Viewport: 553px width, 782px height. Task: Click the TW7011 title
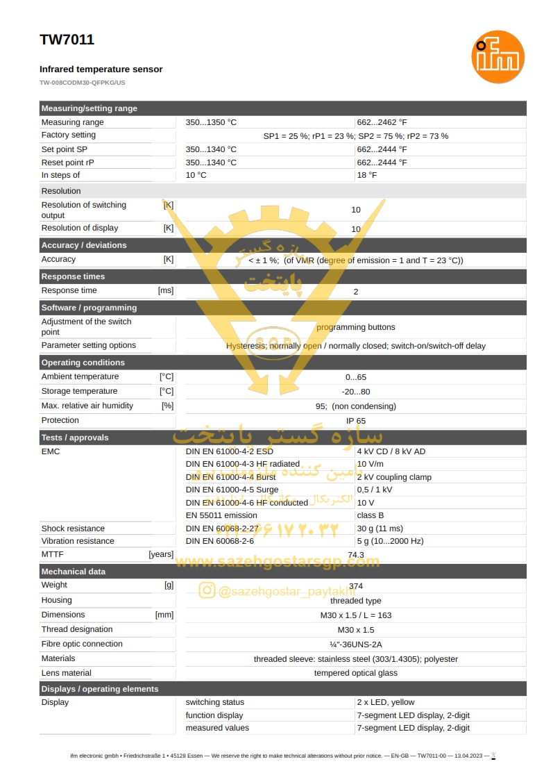pyautogui.click(x=67, y=40)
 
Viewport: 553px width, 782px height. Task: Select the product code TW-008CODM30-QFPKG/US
pyautogui.click(x=83, y=83)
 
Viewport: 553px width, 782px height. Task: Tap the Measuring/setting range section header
pyautogui.click(x=90, y=108)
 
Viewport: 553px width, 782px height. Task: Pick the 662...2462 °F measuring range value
pyautogui.click(x=382, y=122)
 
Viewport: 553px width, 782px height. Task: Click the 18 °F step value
pyautogui.click(x=367, y=175)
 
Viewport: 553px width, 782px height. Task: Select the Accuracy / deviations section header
pyautogui.click(x=84, y=245)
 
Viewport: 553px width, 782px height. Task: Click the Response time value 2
pyautogui.click(x=356, y=292)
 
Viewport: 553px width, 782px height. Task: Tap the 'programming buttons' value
pyautogui.click(x=355, y=327)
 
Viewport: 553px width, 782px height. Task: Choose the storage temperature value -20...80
pyautogui.click(x=356, y=392)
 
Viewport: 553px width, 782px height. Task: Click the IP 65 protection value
pyautogui.click(x=356, y=421)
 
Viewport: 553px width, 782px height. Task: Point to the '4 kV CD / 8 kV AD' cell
pyautogui.click(x=391, y=451)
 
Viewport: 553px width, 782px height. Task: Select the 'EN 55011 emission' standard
pyautogui.click(x=221, y=515)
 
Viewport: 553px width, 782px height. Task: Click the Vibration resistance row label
pyautogui.click(x=78, y=541)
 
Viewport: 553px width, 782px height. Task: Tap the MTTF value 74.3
pyautogui.click(x=356, y=555)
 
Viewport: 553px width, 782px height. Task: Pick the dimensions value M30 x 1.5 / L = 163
pyautogui.click(x=355, y=615)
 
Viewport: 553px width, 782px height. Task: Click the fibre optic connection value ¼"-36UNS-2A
pyautogui.click(x=355, y=644)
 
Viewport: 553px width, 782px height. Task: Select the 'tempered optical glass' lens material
pyautogui.click(x=355, y=673)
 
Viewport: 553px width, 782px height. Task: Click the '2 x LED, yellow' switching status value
pyautogui.click(x=385, y=702)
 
